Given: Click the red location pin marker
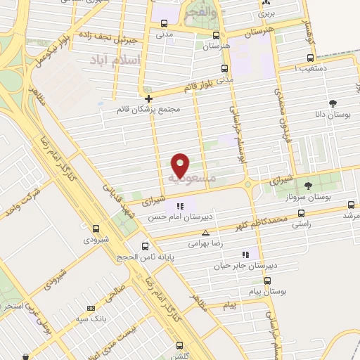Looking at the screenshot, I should (x=181, y=165).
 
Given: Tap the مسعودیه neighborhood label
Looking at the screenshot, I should (x=188, y=179).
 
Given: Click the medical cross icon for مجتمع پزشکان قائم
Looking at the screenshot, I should (x=149, y=98).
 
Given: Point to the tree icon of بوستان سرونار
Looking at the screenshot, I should (x=308, y=186).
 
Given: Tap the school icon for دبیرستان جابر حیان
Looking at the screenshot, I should (x=245, y=254).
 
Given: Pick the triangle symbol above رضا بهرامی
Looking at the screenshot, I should (x=205, y=232).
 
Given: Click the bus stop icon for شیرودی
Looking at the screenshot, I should (x=96, y=228).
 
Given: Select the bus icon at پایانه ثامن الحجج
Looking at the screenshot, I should (x=146, y=246).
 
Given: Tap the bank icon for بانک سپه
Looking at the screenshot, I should (x=91, y=308).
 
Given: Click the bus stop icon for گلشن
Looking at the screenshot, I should (x=180, y=345).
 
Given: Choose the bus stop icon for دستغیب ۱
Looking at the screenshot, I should (x=310, y=58).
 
